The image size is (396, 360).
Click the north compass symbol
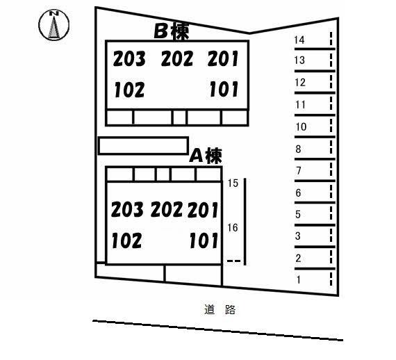click(x=53, y=25)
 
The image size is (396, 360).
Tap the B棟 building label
click(x=172, y=31)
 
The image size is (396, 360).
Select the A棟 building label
click(x=206, y=156)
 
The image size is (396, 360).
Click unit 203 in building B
click(x=129, y=58)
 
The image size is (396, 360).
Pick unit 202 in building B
click(x=177, y=58)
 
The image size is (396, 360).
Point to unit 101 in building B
click(x=224, y=89)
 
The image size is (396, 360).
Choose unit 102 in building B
click(x=129, y=90)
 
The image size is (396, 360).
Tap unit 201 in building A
click(x=203, y=210)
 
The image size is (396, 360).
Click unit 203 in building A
click(x=127, y=209)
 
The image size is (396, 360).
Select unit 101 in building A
click(x=204, y=240)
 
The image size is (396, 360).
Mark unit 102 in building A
click(x=126, y=240)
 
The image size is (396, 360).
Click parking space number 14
click(x=299, y=40)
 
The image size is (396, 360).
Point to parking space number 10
click(x=301, y=126)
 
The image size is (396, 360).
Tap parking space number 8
click(x=298, y=149)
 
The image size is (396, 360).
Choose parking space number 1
click(x=299, y=279)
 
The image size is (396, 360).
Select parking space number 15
click(x=233, y=183)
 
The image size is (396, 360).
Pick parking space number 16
click(x=232, y=228)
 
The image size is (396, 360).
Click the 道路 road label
click(x=220, y=309)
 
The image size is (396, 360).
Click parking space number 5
click(x=298, y=215)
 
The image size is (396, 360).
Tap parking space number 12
click(x=300, y=83)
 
